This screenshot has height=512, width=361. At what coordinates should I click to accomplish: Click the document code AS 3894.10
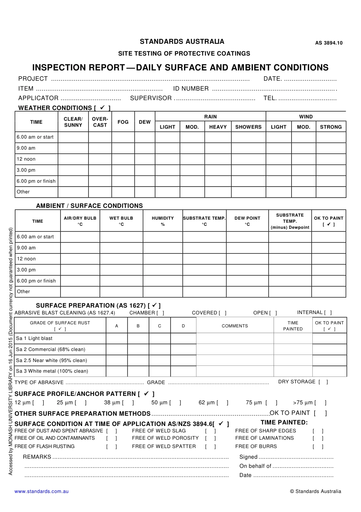coord(329,43)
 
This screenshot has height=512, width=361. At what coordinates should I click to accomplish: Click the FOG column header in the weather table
coord(123,122)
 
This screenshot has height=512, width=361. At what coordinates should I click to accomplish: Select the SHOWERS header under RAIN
coord(248,127)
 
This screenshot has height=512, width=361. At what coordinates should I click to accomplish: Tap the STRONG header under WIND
coord(331,127)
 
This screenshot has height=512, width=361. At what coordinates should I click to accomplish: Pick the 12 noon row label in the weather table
coord(26,159)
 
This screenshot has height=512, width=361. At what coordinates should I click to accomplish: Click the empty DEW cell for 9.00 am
coord(145,148)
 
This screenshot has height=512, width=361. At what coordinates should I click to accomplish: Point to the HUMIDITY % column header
coord(163,221)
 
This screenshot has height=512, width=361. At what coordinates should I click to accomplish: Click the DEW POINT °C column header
coord(247,221)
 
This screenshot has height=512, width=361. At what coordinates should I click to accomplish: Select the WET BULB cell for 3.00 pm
coord(121,270)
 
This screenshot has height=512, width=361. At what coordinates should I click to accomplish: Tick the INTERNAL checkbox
coord(328,313)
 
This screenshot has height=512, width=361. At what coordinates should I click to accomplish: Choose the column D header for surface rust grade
coord(183,326)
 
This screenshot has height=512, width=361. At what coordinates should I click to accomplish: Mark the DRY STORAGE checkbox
coord(323,382)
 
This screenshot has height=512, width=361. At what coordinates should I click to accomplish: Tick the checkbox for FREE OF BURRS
coord(318,447)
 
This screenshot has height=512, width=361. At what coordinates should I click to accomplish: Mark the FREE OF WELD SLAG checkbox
coord(211,431)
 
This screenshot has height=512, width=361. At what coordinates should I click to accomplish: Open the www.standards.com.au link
coord(41,491)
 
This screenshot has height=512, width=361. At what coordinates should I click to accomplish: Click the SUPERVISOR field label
coord(151,98)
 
